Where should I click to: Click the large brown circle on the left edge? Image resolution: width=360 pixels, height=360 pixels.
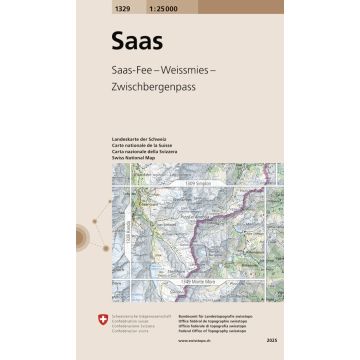80,238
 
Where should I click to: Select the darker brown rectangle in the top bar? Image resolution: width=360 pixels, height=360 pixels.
240,7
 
